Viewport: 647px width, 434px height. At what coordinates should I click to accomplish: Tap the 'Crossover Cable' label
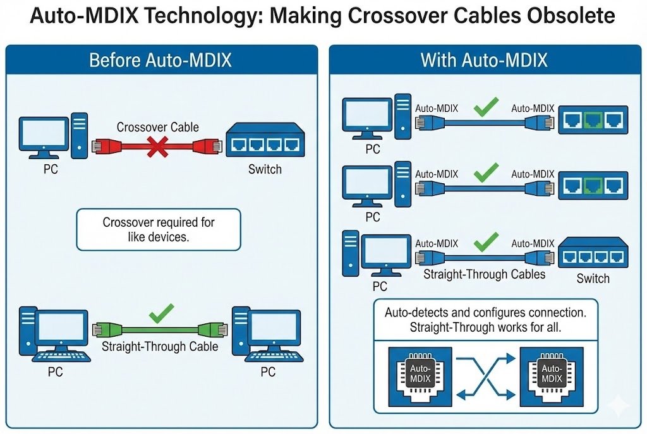click(x=157, y=128)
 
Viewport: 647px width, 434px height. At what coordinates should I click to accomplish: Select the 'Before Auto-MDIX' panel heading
click(x=160, y=60)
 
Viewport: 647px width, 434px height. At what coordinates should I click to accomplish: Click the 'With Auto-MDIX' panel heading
click(x=484, y=60)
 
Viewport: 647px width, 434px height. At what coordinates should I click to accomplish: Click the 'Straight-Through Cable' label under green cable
click(x=159, y=346)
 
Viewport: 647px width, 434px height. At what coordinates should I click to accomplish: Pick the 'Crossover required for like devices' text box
click(x=159, y=229)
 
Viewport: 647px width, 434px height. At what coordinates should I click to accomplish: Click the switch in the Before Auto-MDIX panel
click(x=265, y=141)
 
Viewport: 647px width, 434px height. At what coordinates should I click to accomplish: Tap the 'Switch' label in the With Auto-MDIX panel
click(x=593, y=279)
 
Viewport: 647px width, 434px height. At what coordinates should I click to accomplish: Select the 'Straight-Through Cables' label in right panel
click(x=484, y=275)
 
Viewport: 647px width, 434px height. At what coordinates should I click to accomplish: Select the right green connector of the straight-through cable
click(x=210, y=330)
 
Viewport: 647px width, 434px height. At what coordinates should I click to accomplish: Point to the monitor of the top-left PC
click(x=44, y=134)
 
